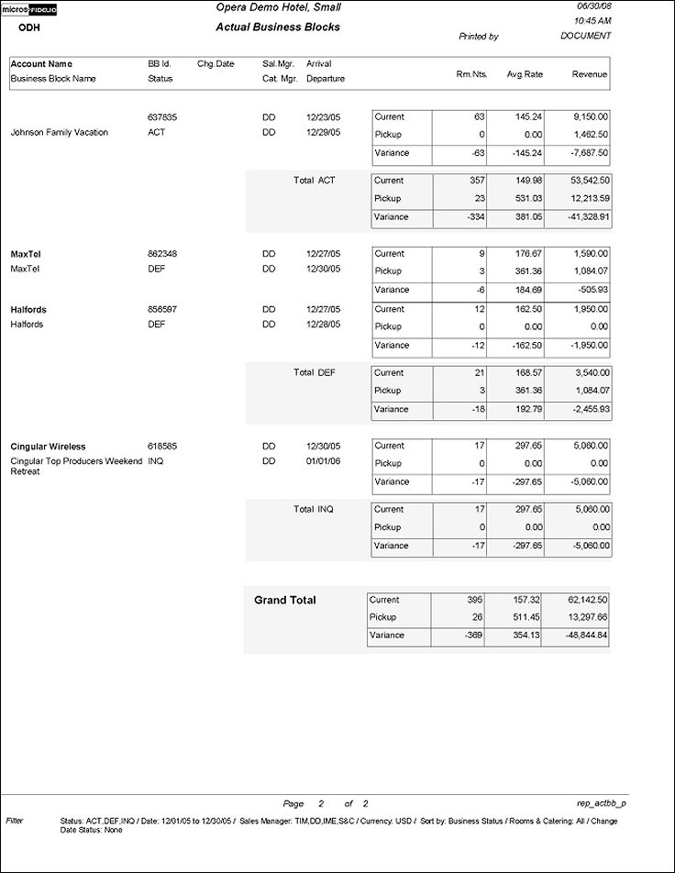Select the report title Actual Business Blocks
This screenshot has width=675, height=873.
[277, 28]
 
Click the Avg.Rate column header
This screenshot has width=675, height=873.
[525, 73]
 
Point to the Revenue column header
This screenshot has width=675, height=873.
[589, 73]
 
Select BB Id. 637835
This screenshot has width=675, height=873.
[161, 117]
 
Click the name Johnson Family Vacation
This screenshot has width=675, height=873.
[59, 133]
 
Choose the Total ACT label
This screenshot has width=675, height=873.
[314, 181]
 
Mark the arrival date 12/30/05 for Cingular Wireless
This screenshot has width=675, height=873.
[323, 447]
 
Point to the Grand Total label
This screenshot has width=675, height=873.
[284, 601]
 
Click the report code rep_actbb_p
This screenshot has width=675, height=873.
[601, 802]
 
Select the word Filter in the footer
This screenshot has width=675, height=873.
[15, 818]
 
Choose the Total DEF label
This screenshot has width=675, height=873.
[314, 372]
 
